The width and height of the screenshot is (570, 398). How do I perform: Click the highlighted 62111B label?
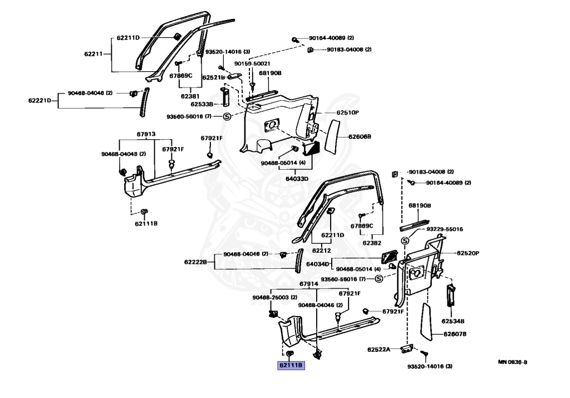[x=291, y=365]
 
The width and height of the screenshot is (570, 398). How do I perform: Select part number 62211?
[x=94, y=54]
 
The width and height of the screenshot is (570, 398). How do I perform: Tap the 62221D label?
[x=40, y=100]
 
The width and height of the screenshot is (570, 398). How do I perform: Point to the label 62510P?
[x=347, y=112]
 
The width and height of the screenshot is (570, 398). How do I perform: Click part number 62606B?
[x=360, y=137]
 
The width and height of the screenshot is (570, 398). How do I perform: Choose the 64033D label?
[x=297, y=179]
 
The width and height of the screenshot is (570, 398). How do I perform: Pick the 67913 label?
[x=146, y=134]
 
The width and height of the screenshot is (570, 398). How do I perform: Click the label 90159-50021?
[x=252, y=63]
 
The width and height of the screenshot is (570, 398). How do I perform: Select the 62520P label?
[x=468, y=253]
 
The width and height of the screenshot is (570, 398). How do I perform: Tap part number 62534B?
[x=453, y=321]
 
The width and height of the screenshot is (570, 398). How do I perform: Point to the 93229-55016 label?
[x=445, y=229]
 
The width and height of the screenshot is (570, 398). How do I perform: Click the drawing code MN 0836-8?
[x=513, y=362]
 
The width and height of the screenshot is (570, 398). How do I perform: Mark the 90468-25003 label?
[x=271, y=297]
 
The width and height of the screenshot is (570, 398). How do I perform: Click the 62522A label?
[x=379, y=350]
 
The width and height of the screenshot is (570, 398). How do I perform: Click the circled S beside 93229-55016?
[x=405, y=240]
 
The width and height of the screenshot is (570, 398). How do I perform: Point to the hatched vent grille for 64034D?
[x=389, y=257]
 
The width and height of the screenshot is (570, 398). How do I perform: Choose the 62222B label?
[x=195, y=262]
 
